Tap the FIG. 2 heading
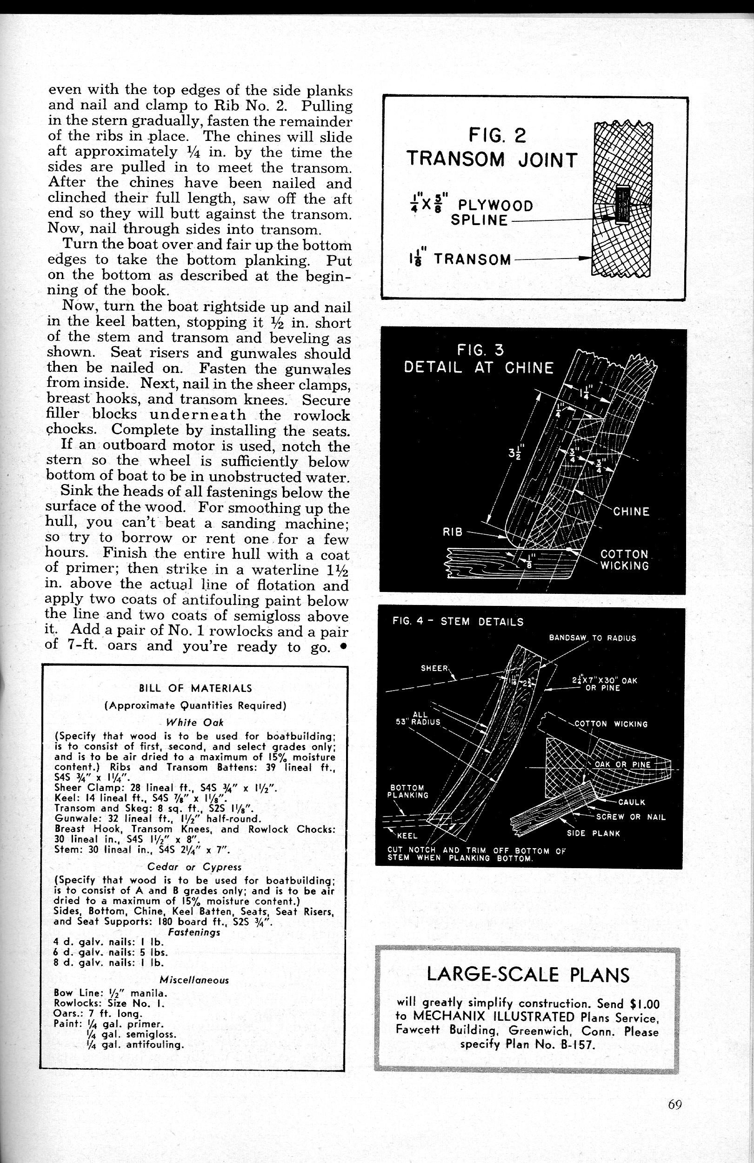click(496, 135)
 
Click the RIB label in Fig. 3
click(452, 532)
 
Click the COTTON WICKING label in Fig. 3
click(624, 560)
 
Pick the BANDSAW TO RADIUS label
click(592, 638)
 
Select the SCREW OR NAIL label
click(630, 817)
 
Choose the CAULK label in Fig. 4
click(631, 802)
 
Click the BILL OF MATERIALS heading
click(195, 689)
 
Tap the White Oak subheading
click(195, 723)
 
